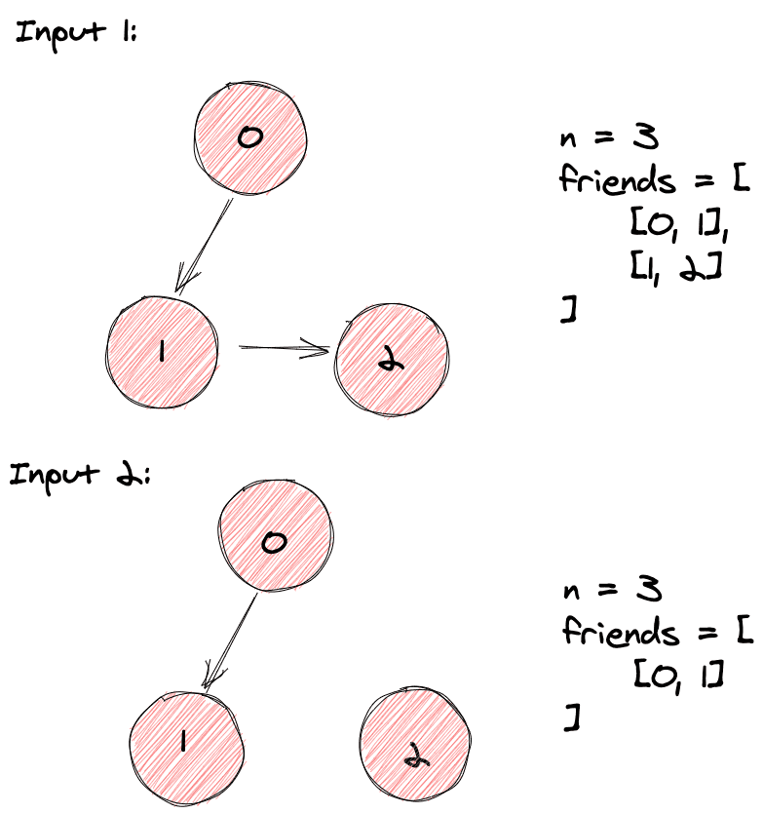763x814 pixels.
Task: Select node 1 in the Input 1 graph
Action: click(165, 351)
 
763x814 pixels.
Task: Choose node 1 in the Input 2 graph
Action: click(185, 742)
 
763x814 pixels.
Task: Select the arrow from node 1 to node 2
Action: click(284, 347)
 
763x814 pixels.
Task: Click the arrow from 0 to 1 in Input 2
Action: click(231, 640)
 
